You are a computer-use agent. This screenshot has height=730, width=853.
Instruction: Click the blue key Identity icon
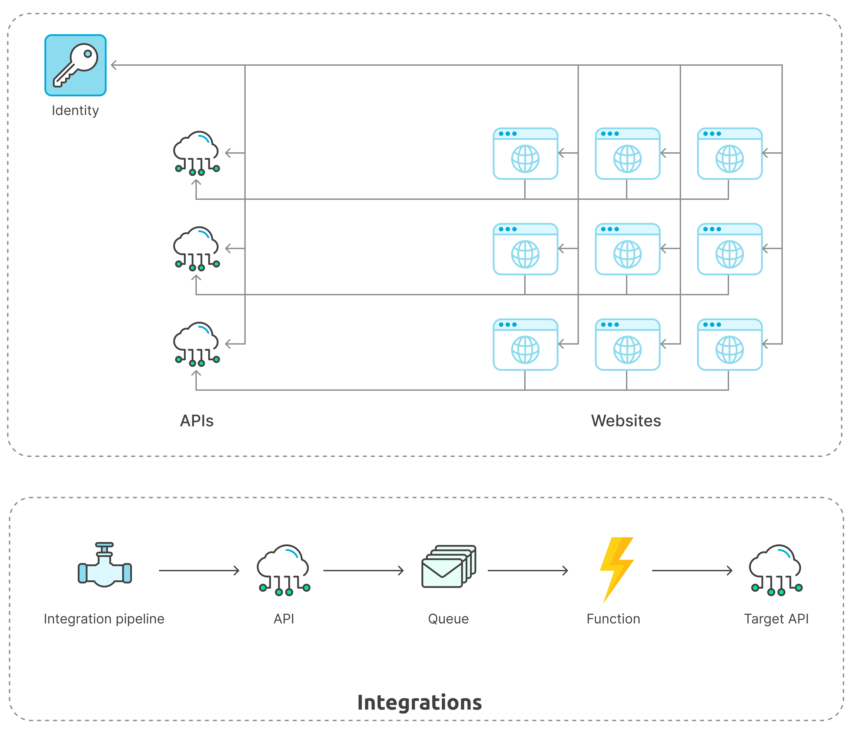click(75, 65)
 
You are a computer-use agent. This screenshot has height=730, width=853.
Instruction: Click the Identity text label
click(75, 110)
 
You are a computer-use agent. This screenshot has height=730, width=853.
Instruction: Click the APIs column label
click(197, 421)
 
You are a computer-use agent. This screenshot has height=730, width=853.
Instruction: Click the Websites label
click(626, 421)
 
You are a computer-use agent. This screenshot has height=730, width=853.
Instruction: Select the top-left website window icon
click(525, 153)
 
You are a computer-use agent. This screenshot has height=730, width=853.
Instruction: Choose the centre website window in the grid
click(627, 249)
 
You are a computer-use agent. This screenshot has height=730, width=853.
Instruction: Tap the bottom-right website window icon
click(729, 344)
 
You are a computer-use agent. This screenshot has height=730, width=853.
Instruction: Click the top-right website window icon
click(729, 153)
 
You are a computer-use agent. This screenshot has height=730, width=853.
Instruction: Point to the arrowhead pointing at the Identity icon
click(114, 65)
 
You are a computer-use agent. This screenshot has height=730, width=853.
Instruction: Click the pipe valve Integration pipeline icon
click(105, 565)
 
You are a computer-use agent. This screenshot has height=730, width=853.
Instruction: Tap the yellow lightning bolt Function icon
click(616, 569)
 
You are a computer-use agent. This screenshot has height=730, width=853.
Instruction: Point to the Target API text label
click(776, 619)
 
